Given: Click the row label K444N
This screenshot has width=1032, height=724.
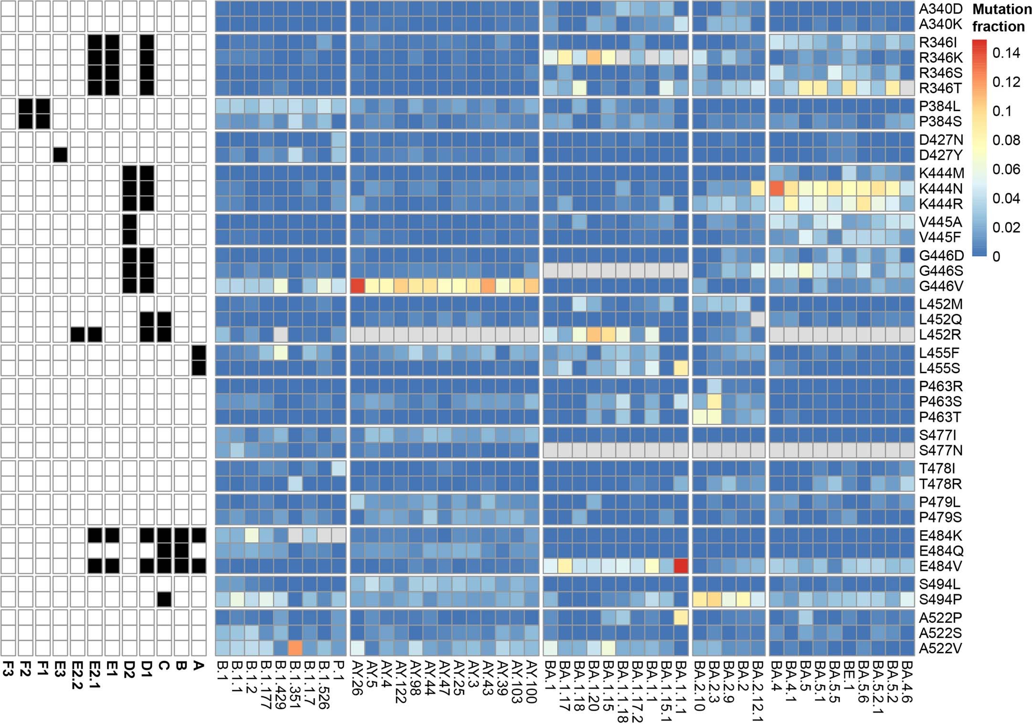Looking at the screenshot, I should [940, 189].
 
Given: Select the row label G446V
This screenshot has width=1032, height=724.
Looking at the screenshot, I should [940, 286].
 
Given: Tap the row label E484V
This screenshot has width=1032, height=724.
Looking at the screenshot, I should [940, 567].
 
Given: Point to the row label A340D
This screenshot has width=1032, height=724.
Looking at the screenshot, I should [940, 9].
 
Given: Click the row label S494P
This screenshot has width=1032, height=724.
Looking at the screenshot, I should [940, 599].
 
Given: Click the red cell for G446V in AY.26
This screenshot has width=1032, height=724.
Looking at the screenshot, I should [358, 286].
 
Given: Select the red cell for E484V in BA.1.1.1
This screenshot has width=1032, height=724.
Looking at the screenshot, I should [681, 567].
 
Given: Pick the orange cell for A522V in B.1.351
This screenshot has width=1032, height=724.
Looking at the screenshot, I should [295, 648].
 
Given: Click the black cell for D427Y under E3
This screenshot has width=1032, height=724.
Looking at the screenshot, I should [60, 155].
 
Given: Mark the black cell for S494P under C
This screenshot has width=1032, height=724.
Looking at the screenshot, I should [164, 599].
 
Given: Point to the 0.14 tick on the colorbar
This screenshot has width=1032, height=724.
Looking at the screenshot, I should [1005, 52].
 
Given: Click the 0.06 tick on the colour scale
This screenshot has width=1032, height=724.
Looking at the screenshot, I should [1005, 169].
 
